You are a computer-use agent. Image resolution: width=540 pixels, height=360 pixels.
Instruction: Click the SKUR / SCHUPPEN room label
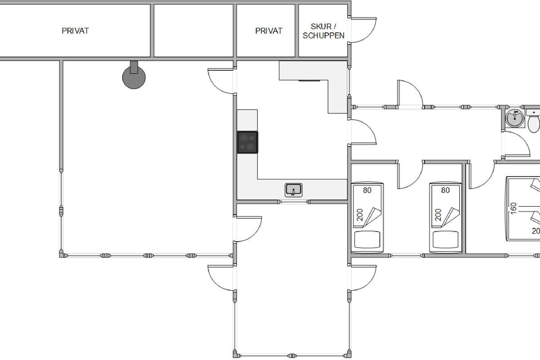pos(324,31)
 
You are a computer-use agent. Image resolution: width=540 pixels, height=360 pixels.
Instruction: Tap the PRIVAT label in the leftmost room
pos(75,31)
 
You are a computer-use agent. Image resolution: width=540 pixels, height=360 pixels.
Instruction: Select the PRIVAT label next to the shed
pos(269,31)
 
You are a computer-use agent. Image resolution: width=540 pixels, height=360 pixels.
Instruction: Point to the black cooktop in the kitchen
pos(247,142)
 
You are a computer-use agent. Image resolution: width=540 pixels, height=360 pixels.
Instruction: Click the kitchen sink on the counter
pos(293,190)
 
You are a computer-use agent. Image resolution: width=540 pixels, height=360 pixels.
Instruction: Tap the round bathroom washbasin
pos(515,118)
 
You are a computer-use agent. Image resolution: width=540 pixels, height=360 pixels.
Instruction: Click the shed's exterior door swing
pos(364,30)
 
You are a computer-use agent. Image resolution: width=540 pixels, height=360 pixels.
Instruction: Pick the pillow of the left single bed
pos(367,239)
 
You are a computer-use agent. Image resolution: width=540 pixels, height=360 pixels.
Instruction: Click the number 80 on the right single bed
pos(445,190)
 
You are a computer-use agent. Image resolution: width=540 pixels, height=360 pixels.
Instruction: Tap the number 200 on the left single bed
pos(360,215)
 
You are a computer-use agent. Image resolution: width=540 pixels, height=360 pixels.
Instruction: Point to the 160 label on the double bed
pos(513,208)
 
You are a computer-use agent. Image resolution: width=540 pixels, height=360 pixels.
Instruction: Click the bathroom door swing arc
pos(517,144)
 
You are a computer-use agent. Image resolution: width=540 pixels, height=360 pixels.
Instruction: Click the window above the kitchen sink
pos(294,202)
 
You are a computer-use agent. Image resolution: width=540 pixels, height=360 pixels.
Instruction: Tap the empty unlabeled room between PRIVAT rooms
pos(193,31)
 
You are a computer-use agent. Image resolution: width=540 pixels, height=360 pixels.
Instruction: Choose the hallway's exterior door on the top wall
pos(410,94)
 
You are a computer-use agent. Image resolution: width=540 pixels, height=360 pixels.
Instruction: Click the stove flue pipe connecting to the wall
pos(134,67)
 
